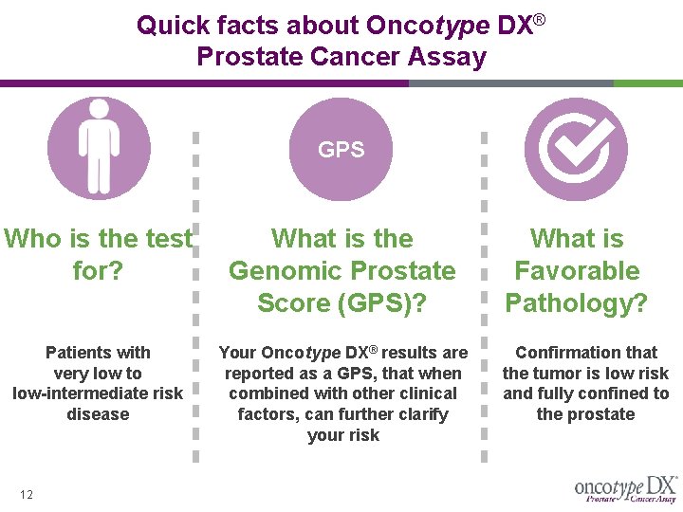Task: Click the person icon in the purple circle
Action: (x=98, y=149)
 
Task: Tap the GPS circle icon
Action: (x=341, y=149)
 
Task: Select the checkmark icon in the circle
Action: (x=576, y=149)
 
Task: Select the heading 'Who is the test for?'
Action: (x=98, y=254)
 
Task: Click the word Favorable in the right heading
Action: (x=576, y=271)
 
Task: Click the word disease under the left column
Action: (x=98, y=414)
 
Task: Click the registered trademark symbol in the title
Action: (x=539, y=19)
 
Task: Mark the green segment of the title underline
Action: (x=647, y=83)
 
